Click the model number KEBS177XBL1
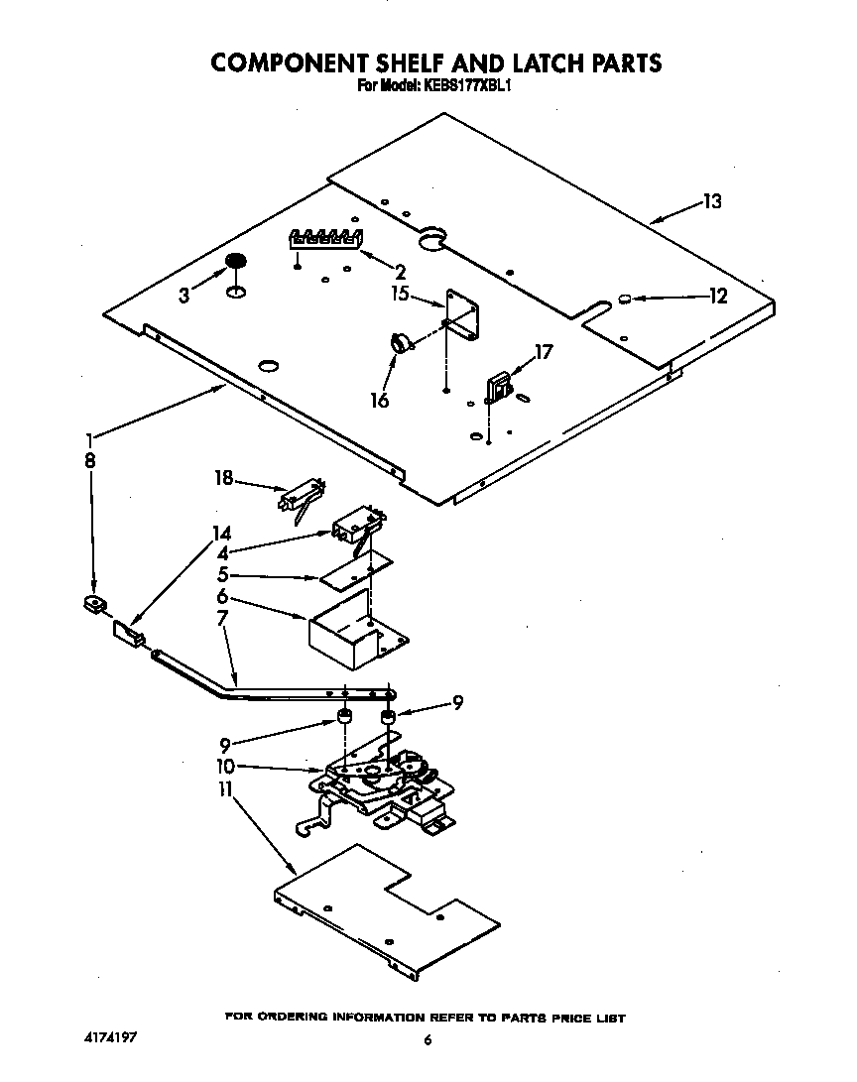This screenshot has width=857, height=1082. tap(465, 86)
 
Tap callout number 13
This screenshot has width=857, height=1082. tap(711, 201)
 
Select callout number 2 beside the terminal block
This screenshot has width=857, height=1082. tap(400, 272)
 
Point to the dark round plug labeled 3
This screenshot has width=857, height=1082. tap(235, 261)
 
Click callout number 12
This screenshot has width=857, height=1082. tap(717, 296)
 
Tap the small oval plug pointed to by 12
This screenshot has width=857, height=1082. tap(625, 298)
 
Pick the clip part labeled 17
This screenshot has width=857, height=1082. tap(498, 387)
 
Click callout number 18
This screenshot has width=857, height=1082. tap(223, 478)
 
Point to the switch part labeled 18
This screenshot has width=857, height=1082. tap(302, 496)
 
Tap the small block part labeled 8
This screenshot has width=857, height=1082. tap(94, 603)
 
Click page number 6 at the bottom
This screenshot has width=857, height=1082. tap(428, 1040)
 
